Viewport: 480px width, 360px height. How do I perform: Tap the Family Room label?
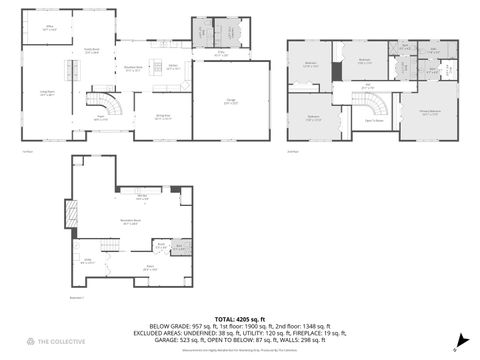pos(91,51)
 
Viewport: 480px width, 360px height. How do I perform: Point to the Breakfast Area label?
pos(131,69)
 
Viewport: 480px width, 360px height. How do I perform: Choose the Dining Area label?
pos(162,118)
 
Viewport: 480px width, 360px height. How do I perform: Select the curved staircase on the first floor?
pos(101,101)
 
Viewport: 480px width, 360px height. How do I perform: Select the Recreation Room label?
pos(130,222)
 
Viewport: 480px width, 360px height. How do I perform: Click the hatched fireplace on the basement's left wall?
pos(70,213)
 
